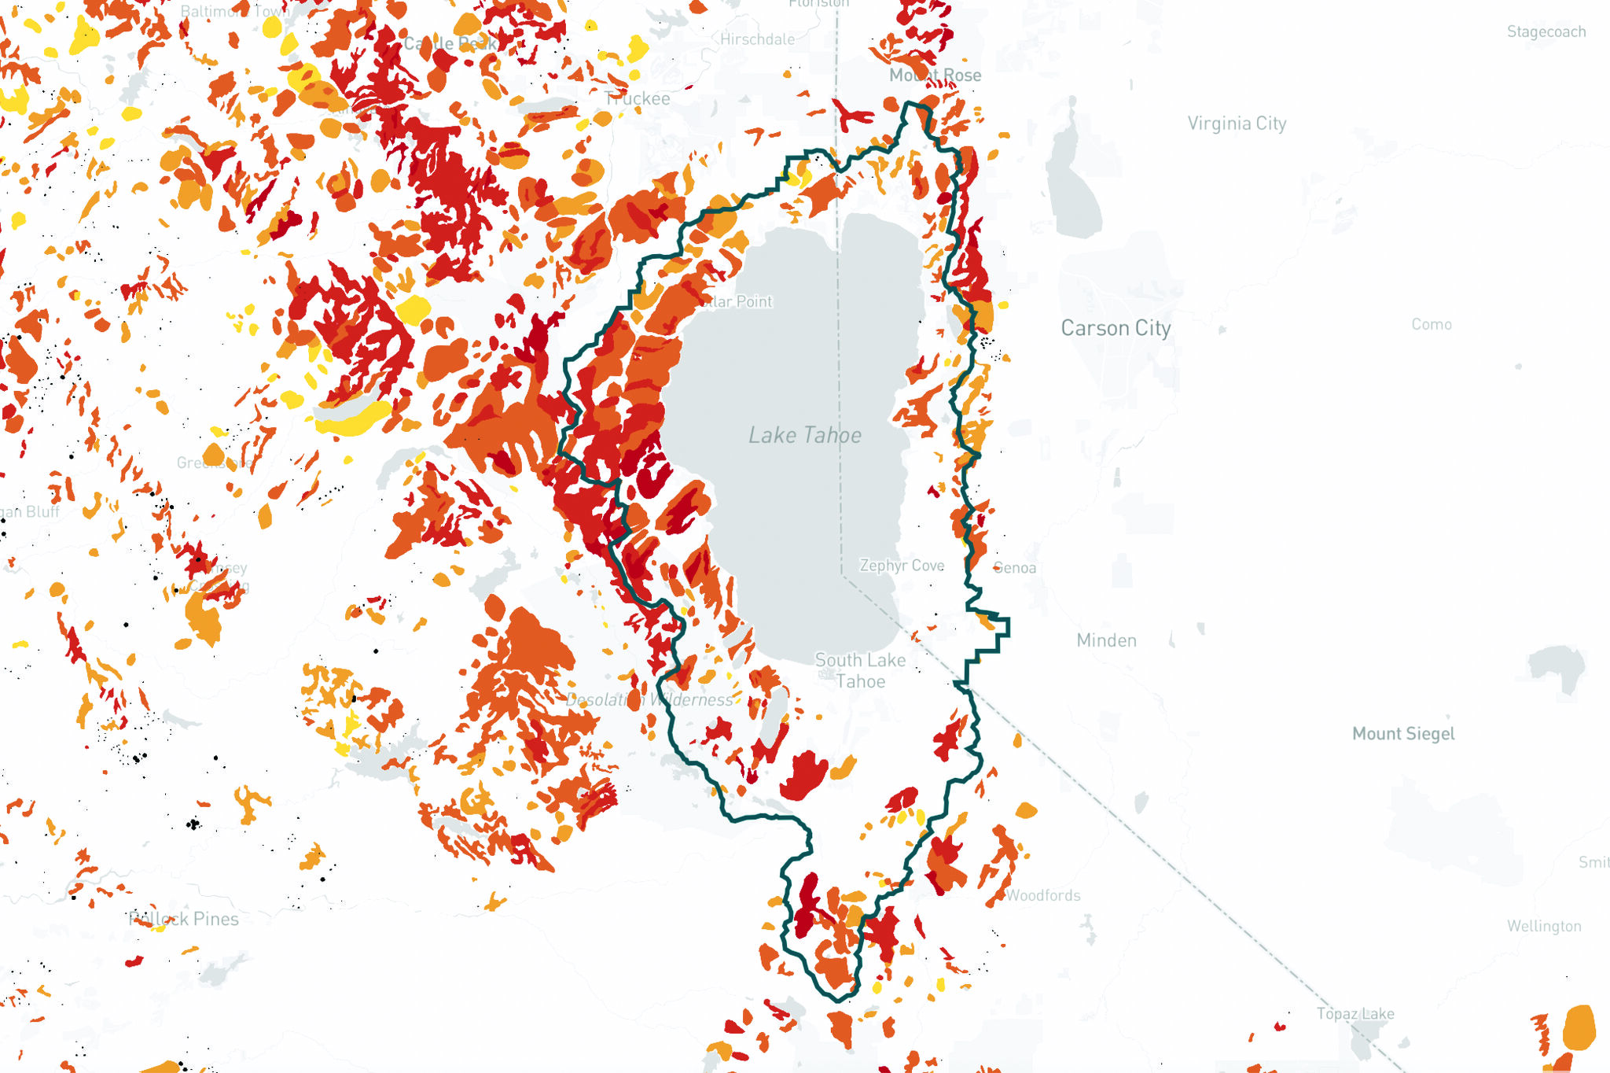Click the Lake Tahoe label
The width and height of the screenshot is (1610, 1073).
804,435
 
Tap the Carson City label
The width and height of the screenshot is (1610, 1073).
1116,328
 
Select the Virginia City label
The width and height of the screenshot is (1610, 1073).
1237,124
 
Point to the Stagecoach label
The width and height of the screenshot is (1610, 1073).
1546,32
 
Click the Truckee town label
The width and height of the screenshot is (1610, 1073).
638,99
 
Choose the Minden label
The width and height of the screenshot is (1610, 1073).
1106,640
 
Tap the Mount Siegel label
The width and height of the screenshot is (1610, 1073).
1403,734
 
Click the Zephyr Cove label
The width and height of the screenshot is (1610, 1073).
902,566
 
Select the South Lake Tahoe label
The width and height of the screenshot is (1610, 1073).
860,671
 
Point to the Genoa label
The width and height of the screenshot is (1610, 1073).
1015,568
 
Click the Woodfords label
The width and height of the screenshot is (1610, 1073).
1043,895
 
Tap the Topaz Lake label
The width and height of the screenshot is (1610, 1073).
1355,1014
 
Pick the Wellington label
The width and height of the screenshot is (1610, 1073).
1544,926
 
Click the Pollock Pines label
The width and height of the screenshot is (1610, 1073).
184,919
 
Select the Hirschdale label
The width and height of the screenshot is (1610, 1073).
757,39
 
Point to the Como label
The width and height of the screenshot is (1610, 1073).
1431,324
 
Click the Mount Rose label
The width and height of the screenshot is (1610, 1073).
935,76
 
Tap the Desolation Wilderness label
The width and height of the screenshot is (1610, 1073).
649,700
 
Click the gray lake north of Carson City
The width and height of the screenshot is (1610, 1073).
1073,181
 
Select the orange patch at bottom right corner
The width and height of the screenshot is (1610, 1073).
1579,1027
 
